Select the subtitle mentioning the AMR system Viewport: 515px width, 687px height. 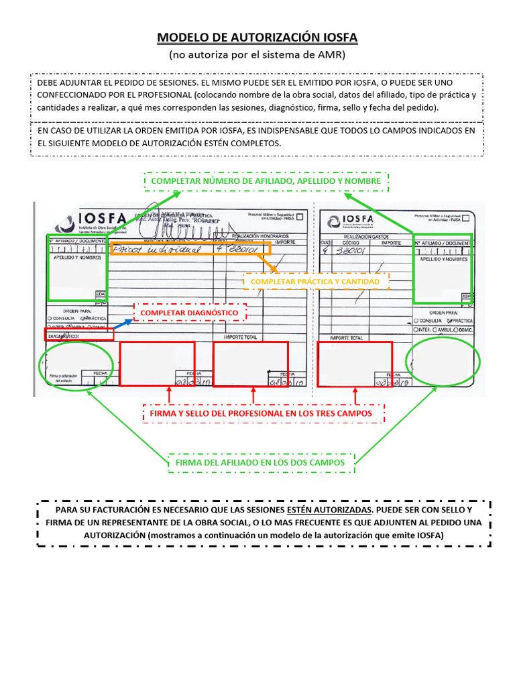point(257,55)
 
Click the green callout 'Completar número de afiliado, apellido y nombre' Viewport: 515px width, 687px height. point(266,181)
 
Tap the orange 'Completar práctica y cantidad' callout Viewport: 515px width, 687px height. point(315,282)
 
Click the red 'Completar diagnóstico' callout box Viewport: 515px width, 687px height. point(190,313)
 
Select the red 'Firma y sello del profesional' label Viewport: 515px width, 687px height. point(261,414)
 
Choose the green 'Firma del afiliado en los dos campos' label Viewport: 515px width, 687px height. point(260,462)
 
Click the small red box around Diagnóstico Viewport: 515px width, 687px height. point(79,334)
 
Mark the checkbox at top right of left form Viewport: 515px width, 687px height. point(299,217)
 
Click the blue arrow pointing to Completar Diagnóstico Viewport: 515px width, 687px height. point(122,325)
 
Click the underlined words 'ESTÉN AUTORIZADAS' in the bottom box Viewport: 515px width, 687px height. point(329,510)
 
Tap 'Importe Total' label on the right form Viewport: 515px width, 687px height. point(347,337)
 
